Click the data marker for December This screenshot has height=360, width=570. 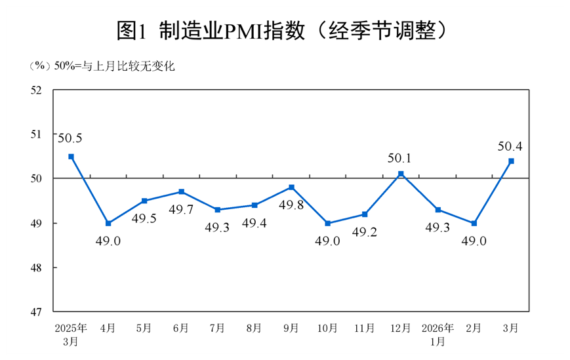pyautogui.click(x=401, y=174)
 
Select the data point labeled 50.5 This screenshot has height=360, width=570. pyautogui.click(x=71, y=157)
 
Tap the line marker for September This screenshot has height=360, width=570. pyautogui.click(x=291, y=188)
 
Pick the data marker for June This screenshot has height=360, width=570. pyautogui.click(x=181, y=191)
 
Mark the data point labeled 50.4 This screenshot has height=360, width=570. pyautogui.click(x=511, y=161)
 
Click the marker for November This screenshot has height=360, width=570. pyautogui.click(x=365, y=214)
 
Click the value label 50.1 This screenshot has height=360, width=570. pyautogui.click(x=401, y=157)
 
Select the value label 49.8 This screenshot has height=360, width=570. pyautogui.click(x=291, y=205)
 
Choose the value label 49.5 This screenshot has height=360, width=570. pyautogui.click(x=144, y=218)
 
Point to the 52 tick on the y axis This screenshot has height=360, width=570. pyautogui.click(x=36, y=90)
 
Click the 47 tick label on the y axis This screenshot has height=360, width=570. pyautogui.click(x=36, y=311)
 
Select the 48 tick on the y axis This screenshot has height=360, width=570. pyautogui.click(x=36, y=268)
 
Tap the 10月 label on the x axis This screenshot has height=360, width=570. pyautogui.click(x=328, y=327)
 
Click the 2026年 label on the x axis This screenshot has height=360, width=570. pyautogui.click(x=438, y=327)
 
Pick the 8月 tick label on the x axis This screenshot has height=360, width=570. pyautogui.click(x=254, y=327)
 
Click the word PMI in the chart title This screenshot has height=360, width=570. pyautogui.click(x=247, y=30)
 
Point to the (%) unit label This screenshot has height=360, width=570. pyautogui.click(x=40, y=66)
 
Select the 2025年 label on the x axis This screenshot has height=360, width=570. pyautogui.click(x=71, y=327)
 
